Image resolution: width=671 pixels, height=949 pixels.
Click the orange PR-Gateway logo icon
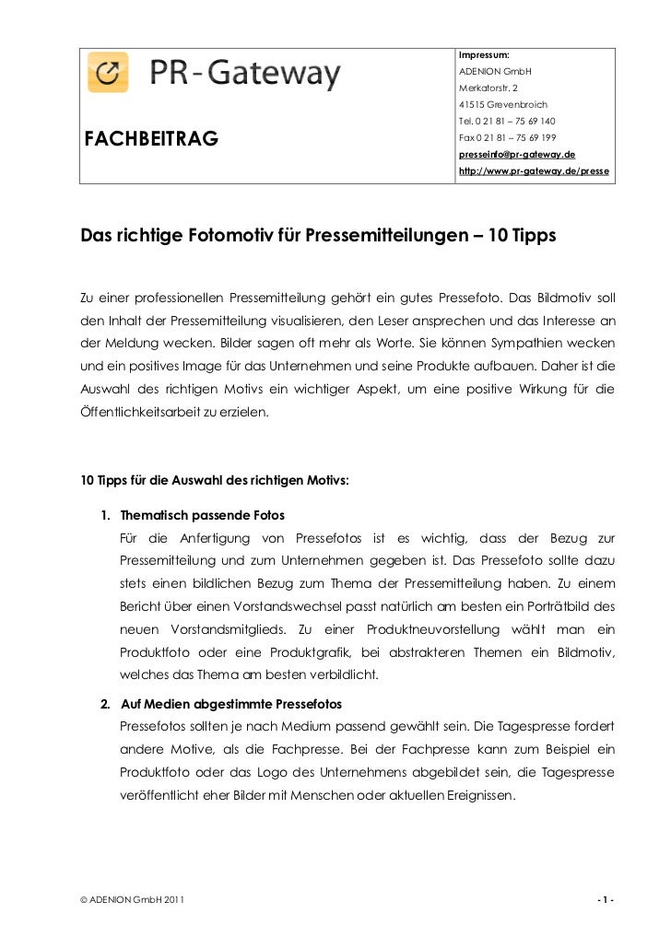108,72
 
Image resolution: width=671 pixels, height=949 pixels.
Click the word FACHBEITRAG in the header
151,140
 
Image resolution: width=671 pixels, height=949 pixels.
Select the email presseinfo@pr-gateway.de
516,155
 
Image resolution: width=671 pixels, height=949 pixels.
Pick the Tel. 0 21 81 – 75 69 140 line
506,122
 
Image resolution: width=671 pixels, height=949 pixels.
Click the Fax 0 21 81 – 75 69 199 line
506,138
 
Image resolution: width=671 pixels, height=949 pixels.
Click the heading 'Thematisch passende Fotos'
203,513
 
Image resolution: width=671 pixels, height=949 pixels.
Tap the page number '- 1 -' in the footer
606,898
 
